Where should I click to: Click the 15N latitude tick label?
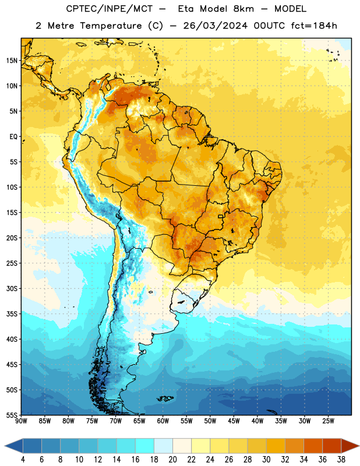(12, 61)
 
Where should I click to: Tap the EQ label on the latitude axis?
(13, 137)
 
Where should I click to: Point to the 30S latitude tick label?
(12, 288)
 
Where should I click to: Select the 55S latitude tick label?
(12, 415)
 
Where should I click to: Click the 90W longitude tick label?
(21, 421)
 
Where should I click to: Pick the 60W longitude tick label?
(163, 421)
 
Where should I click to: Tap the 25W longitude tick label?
(328, 421)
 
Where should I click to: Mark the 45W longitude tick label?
(234, 421)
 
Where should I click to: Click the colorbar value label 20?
(172, 460)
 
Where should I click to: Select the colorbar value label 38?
(341, 460)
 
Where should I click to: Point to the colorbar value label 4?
(23, 460)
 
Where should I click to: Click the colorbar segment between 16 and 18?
(145, 446)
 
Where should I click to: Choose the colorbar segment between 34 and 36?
(313, 446)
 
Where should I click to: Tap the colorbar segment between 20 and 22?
(182, 446)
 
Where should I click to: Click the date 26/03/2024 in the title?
(215, 26)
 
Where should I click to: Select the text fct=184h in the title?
(314, 26)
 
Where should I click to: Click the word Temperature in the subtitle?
(111, 26)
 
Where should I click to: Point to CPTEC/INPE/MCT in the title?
(110, 9)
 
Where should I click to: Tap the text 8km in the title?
(243, 9)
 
